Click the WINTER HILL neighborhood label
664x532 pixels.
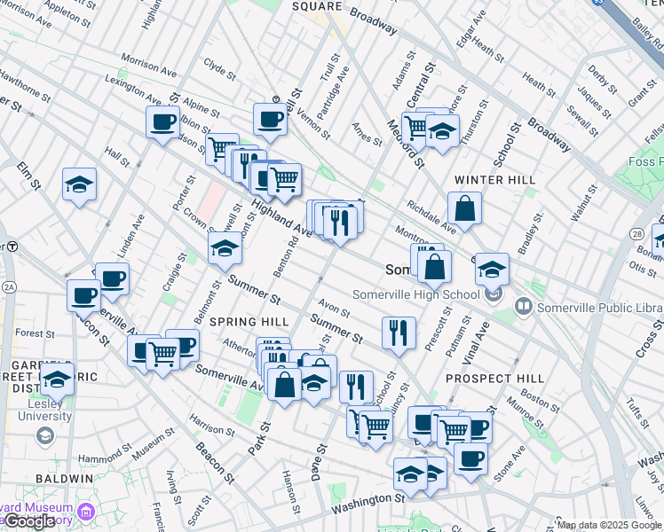click(x=494, y=180)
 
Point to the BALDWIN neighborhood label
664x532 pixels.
click(x=65, y=478)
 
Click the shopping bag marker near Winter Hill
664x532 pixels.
click(x=464, y=210)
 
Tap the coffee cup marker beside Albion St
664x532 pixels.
click(x=162, y=122)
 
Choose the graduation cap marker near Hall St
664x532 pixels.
click(x=80, y=184)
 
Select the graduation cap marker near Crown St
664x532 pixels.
click(x=225, y=248)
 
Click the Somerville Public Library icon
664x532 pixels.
click(x=524, y=307)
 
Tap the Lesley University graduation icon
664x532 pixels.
click(x=43, y=436)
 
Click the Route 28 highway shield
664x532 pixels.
click(x=637, y=233)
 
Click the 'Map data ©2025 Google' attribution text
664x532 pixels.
click(x=608, y=525)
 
